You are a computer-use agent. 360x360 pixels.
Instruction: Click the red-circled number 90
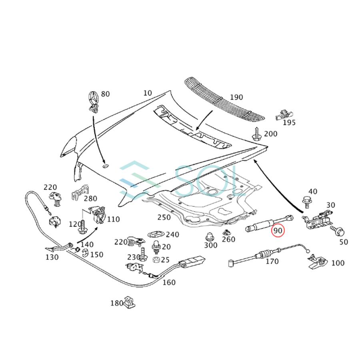(x=277, y=231)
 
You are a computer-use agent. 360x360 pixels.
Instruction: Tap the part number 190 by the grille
(x=236, y=97)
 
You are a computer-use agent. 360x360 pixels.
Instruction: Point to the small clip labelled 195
(x=282, y=115)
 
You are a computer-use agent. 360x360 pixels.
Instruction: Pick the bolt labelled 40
(x=307, y=201)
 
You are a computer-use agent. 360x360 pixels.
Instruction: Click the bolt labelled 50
(x=337, y=232)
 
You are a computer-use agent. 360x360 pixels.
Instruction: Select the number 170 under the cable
(x=272, y=262)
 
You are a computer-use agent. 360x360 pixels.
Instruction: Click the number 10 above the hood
(x=148, y=93)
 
